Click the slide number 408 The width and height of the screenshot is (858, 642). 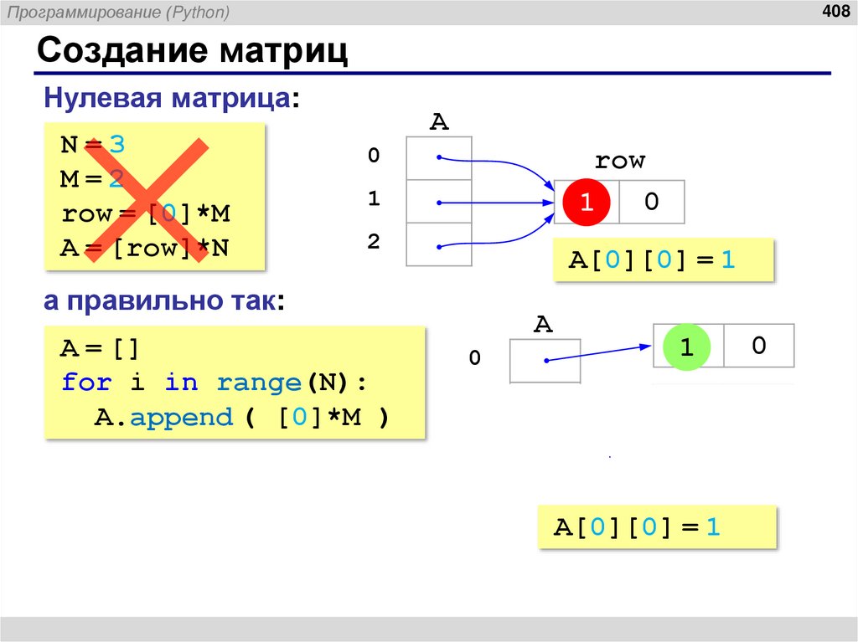click(835, 11)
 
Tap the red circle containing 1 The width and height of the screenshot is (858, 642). click(587, 202)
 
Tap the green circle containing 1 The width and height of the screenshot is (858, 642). click(686, 346)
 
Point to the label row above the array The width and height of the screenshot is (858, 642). click(619, 161)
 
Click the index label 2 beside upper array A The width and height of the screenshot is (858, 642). click(374, 242)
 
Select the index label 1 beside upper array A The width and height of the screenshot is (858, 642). click(374, 199)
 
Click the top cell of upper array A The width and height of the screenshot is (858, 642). click(439, 157)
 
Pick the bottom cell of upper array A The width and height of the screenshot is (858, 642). click(439, 244)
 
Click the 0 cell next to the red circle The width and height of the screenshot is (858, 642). click(652, 202)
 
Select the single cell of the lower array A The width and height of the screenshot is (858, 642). click(545, 361)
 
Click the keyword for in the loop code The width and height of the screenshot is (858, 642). click(86, 383)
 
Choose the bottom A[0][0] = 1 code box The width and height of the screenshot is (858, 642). click(657, 527)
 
